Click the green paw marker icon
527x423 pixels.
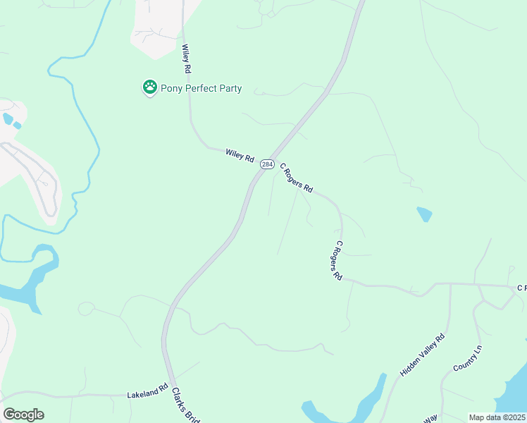click(149, 88)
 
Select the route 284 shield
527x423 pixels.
click(267, 164)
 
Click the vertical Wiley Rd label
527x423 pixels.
click(187, 60)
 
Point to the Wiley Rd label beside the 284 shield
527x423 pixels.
click(240, 155)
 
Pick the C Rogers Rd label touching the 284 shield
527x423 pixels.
click(296, 179)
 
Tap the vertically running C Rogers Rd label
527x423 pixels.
click(337, 261)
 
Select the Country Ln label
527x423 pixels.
click(467, 358)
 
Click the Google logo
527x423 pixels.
click(23, 415)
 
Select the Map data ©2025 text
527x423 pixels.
click(497, 417)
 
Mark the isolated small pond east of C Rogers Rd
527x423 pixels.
click(424, 214)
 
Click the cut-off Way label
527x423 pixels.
click(430, 418)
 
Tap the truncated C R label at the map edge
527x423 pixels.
click(521, 288)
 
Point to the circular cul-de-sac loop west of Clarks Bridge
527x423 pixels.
click(87, 309)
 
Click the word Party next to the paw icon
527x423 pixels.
click(229, 89)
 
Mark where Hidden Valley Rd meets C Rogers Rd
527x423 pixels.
click(449, 284)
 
